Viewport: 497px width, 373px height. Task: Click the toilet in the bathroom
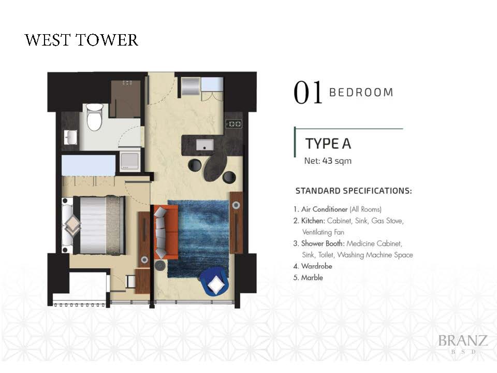(x=95, y=117)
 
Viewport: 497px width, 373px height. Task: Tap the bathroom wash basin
(x=70, y=137)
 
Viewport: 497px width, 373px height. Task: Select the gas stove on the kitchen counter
(x=234, y=124)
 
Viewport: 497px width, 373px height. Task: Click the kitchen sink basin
(x=204, y=145)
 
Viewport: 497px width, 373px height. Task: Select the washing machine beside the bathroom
(x=129, y=161)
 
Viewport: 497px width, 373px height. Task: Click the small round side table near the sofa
(x=160, y=265)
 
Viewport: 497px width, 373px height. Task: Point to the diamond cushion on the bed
(x=72, y=225)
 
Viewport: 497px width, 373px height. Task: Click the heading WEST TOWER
(x=81, y=40)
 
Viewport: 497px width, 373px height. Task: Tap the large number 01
(x=308, y=93)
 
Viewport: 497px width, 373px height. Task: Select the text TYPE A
(x=328, y=144)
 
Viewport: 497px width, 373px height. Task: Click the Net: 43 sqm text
(x=328, y=161)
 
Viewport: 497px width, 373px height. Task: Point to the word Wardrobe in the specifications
(x=316, y=266)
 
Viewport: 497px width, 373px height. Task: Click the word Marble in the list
(x=312, y=278)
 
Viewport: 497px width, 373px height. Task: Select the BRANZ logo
(x=463, y=343)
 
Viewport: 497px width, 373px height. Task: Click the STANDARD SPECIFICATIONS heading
(x=354, y=191)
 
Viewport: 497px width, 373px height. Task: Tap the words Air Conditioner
(x=324, y=209)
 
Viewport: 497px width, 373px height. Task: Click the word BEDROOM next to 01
(x=361, y=92)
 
